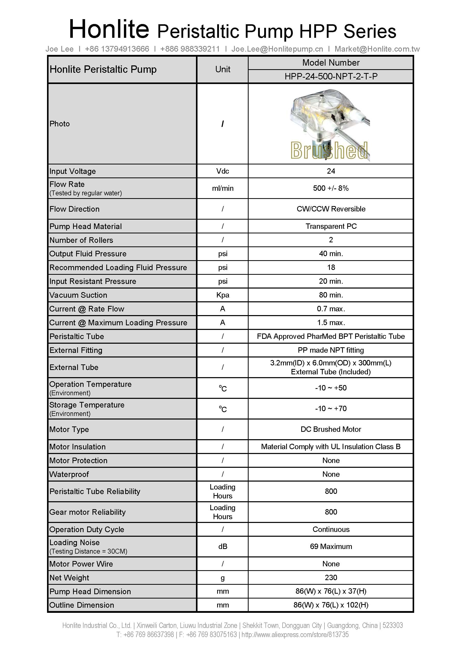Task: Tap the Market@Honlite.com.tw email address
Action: (x=377, y=49)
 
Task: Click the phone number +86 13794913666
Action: (x=117, y=49)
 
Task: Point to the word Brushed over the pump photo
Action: (x=329, y=150)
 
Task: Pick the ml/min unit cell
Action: (x=223, y=188)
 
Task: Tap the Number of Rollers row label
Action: (x=81, y=240)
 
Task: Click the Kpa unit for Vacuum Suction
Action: (x=223, y=295)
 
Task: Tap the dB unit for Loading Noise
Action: (x=223, y=546)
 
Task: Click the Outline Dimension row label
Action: (x=82, y=605)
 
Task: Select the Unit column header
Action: (x=223, y=69)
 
